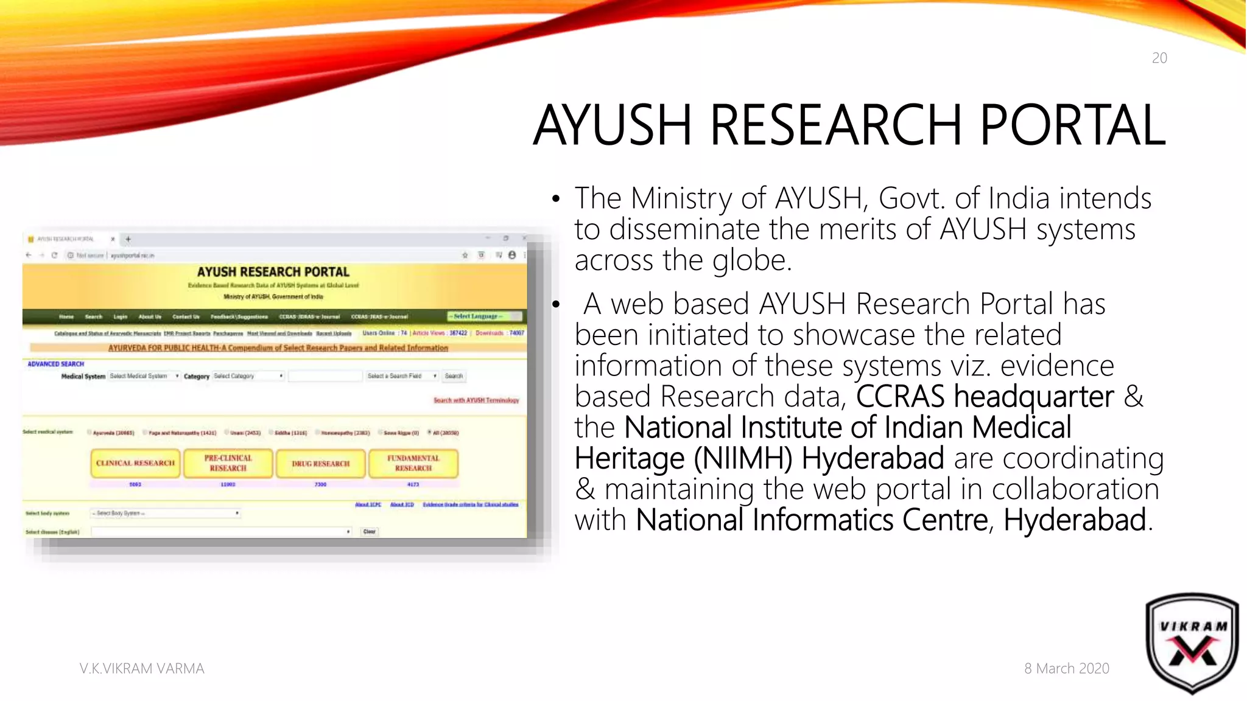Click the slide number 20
pos(1159,58)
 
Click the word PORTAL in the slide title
pos(1072,125)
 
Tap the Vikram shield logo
pos(1192,643)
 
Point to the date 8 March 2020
pos(1066,668)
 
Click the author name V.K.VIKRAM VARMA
pos(142,668)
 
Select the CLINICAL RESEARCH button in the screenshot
pos(135,463)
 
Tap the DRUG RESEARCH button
pos(321,464)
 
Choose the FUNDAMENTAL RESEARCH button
pos(413,463)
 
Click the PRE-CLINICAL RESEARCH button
pos(228,463)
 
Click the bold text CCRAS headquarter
pos(985,396)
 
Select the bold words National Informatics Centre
pos(812,520)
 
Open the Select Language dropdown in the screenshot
pos(485,316)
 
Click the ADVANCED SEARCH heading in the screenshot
pos(55,364)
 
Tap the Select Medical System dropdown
pos(144,376)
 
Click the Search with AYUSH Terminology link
pos(476,400)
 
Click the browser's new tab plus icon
pos(128,239)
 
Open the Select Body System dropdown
pos(165,513)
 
